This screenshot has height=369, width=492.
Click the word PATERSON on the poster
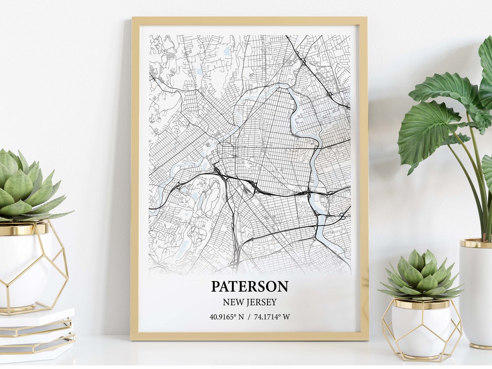[x=249, y=287]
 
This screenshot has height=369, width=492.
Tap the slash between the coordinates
[x=249, y=317]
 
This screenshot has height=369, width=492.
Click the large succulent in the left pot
[x=25, y=187]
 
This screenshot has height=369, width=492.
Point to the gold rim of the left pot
[x=23, y=229]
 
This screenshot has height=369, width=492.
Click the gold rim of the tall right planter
[x=476, y=244]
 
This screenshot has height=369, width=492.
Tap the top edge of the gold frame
[x=249, y=20]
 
